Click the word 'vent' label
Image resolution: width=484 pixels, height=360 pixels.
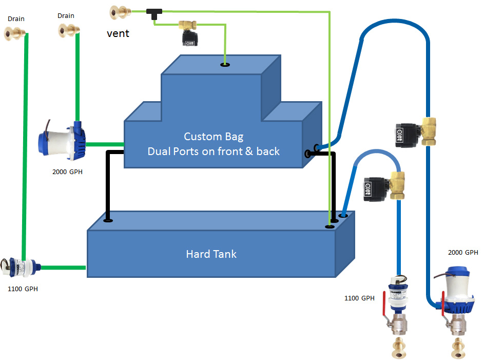tap(118, 33)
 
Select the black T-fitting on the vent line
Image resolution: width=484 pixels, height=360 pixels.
tap(153, 13)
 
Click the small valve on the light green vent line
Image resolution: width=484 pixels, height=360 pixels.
tap(188, 33)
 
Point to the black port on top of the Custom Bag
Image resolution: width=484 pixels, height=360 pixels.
tap(225, 65)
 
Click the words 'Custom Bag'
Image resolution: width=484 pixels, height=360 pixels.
tap(214, 137)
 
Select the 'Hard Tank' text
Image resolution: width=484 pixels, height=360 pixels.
tap(211, 254)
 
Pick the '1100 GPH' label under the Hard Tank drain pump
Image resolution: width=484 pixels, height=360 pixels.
tap(23, 289)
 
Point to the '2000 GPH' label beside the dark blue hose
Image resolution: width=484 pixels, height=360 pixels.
tap(463, 252)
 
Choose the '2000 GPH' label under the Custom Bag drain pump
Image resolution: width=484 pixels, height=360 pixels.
tap(67, 172)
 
